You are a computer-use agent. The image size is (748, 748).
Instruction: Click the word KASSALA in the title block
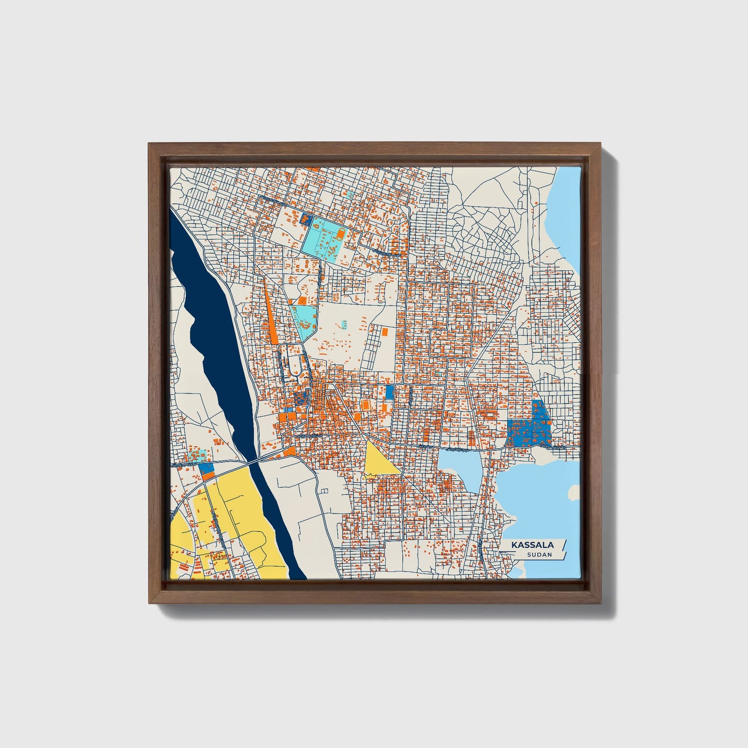coord(533,545)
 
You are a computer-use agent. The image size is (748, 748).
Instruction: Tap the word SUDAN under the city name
coord(539,555)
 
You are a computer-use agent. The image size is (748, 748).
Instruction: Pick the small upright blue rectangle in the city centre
coord(389,391)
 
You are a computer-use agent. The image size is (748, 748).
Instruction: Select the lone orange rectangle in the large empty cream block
coord(385,331)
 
